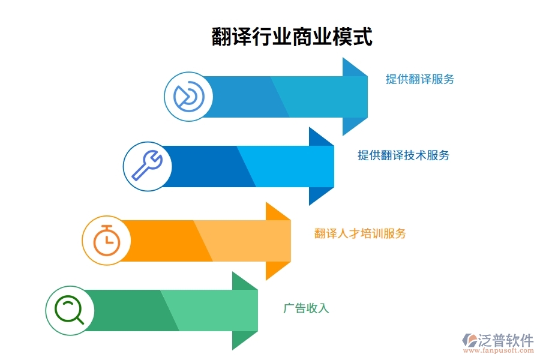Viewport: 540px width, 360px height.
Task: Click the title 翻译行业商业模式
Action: click(292, 36)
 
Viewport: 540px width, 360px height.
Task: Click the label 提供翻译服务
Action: click(420, 79)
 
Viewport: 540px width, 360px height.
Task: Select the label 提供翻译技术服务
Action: click(403, 155)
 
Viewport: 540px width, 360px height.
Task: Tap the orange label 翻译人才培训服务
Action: click(360, 233)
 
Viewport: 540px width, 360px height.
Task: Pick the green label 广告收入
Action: click(306, 308)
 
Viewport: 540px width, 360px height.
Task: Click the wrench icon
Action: click(147, 166)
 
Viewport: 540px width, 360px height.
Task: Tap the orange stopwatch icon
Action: click(106, 241)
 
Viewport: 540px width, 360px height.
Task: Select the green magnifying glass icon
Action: click(70, 310)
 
